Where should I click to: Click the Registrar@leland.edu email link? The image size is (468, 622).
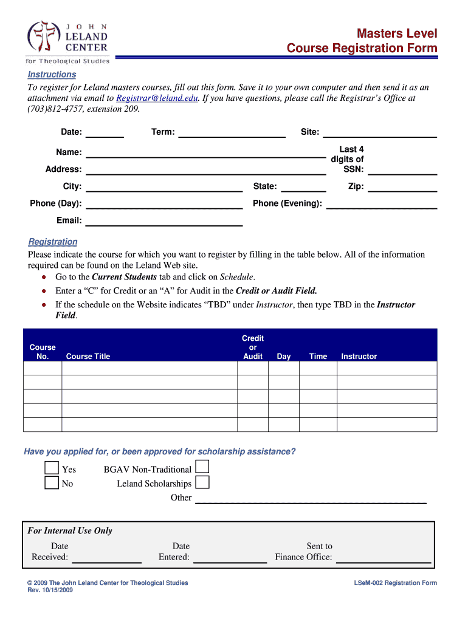click(157, 98)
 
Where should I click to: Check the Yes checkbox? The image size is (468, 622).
click(52, 468)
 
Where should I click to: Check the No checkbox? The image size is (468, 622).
click(52, 483)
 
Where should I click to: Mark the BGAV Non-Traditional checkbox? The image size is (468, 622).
click(202, 467)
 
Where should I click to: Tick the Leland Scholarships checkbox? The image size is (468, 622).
click(202, 482)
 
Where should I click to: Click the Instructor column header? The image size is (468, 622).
click(359, 357)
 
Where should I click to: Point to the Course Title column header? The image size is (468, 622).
click(88, 357)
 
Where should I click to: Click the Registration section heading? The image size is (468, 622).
click(53, 242)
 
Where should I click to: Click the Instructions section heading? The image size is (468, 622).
click(52, 74)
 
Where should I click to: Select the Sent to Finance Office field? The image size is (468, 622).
click(384, 557)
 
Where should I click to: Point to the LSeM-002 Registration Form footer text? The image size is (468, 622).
click(395, 583)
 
